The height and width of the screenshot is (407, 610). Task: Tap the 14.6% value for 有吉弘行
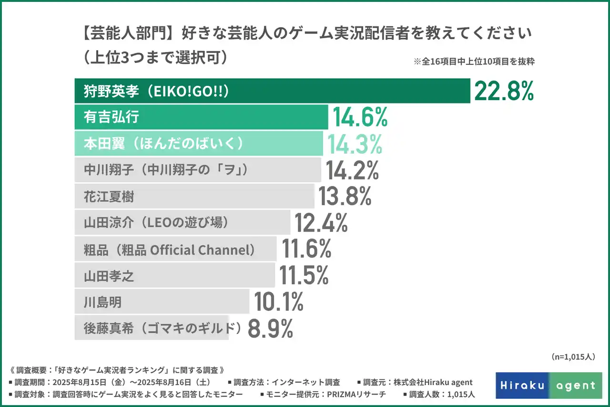pyautogui.click(x=360, y=117)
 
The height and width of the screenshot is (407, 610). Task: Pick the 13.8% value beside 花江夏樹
pyautogui.click(x=345, y=196)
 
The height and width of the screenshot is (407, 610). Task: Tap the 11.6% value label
pyautogui.click(x=306, y=249)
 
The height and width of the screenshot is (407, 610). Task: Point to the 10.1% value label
pyautogui.click(x=279, y=302)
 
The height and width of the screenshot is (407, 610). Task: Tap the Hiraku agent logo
pyautogui.click(x=549, y=386)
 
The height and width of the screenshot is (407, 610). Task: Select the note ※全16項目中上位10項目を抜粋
pyautogui.click(x=474, y=62)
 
